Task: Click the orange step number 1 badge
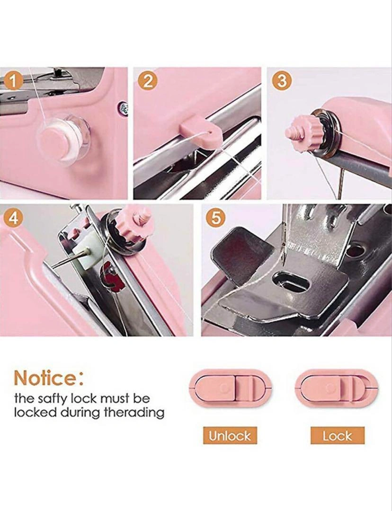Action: tap(13, 81)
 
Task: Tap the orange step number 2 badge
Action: tap(148, 81)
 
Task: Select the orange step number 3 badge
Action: tap(282, 81)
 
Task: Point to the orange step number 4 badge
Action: tap(13, 218)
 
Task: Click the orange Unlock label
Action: tap(230, 435)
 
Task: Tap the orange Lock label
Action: tap(337, 435)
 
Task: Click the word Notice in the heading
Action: tap(45, 378)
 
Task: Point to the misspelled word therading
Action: tap(134, 413)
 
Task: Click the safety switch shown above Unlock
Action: tap(230, 388)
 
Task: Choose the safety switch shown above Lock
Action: tap(337, 388)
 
